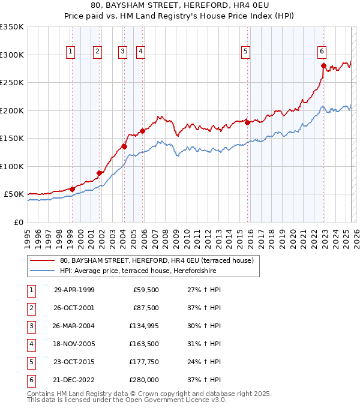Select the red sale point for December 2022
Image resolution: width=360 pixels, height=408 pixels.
click(x=323, y=66)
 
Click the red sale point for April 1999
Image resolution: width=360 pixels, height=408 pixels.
click(x=72, y=189)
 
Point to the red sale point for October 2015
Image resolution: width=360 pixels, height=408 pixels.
click(x=247, y=123)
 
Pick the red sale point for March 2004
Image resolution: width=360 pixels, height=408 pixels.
click(x=124, y=146)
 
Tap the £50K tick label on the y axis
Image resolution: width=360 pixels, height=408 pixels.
click(x=14, y=194)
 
